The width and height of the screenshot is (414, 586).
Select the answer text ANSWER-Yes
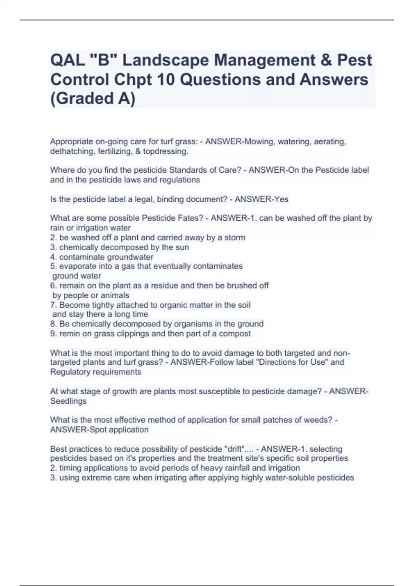262,199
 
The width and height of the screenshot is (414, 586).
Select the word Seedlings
68,401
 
